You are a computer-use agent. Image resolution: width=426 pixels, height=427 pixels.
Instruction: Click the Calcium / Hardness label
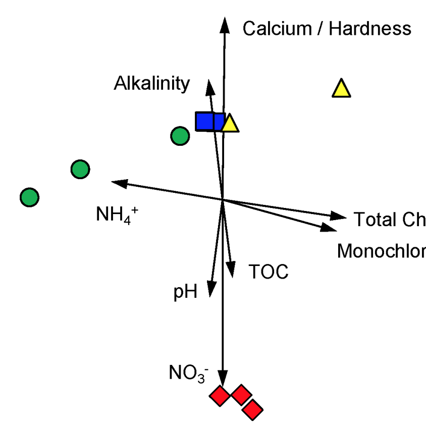327,29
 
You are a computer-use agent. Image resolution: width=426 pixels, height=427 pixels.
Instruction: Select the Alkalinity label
152,84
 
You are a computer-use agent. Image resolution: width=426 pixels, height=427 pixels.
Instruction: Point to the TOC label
269,272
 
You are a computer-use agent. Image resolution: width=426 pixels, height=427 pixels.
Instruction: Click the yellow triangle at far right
341,89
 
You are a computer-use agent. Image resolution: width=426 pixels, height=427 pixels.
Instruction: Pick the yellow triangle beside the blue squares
230,124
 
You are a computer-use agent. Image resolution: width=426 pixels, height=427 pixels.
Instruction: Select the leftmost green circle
29,197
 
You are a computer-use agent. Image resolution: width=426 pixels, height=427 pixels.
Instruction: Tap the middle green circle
80,170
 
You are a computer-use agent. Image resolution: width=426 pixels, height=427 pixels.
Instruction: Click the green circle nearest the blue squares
180,136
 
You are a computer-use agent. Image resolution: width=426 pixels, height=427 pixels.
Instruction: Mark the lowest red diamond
253,409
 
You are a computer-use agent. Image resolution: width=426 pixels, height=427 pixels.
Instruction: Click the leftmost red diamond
220,395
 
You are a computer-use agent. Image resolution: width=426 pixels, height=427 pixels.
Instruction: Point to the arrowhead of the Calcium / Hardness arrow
223,24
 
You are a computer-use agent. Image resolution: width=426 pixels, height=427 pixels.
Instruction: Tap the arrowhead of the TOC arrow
232,270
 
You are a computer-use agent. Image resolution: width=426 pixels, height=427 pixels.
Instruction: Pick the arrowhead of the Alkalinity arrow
209,86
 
